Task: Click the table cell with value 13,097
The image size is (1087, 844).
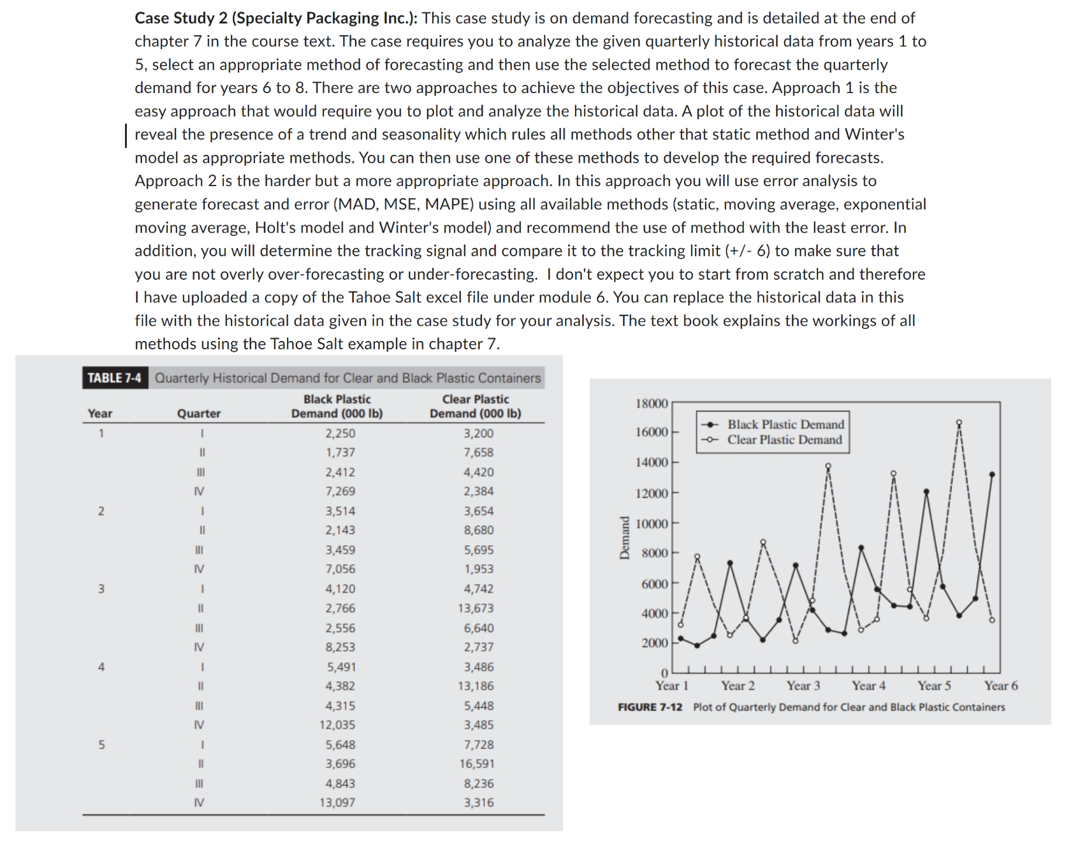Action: [337, 803]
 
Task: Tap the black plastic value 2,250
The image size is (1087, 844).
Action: [340, 433]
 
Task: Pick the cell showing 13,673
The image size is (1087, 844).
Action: [476, 608]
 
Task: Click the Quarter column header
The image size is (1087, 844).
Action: [199, 414]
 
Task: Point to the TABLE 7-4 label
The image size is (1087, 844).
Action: [114, 378]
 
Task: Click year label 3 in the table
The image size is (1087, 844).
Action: [101, 589]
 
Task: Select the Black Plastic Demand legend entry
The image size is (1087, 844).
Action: [785, 425]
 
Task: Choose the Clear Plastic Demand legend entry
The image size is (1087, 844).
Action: [784, 440]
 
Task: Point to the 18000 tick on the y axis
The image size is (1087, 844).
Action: [652, 404]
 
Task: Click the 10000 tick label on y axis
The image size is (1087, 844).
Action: [652, 524]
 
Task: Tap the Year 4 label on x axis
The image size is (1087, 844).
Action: [868, 686]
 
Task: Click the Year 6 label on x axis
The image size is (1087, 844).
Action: [1000, 686]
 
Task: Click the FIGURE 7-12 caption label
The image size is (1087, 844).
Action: [650, 707]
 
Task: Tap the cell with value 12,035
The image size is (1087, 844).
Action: [337, 725]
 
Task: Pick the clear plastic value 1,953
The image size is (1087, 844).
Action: [478, 569]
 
